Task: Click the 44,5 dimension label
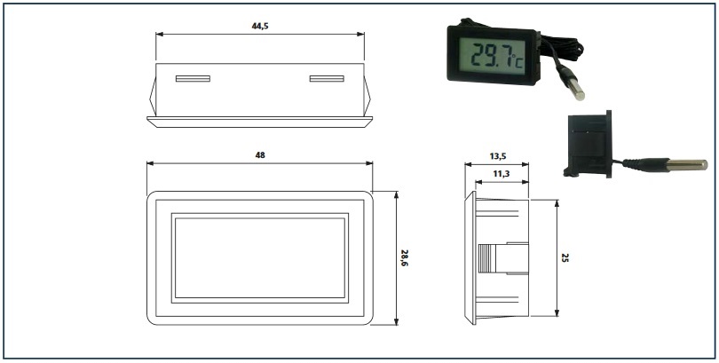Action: click(259, 26)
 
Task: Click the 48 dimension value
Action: click(260, 155)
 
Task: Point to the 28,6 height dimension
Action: click(404, 258)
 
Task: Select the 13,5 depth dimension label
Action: click(497, 156)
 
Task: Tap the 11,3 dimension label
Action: click(502, 173)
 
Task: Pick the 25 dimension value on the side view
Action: click(565, 257)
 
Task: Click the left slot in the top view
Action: click(193, 79)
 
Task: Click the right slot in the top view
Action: click(327, 79)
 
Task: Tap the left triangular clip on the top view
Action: click(153, 96)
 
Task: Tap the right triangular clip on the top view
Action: click(367, 96)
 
